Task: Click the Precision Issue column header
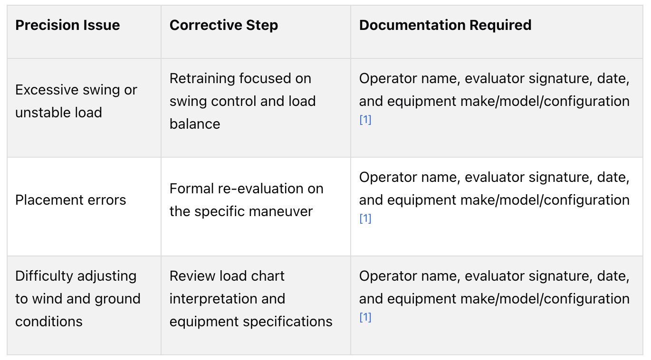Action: (x=67, y=25)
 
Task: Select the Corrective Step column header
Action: (x=224, y=25)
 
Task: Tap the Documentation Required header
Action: (x=445, y=25)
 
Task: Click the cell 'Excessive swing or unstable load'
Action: (x=76, y=101)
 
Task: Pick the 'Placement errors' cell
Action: (x=71, y=200)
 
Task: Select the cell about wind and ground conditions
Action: (x=78, y=299)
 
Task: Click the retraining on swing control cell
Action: (x=243, y=101)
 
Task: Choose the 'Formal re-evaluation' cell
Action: (x=247, y=200)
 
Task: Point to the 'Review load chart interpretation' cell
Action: (x=251, y=299)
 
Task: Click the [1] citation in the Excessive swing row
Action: (x=365, y=119)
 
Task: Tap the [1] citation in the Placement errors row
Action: (x=365, y=218)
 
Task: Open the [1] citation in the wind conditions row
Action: (x=365, y=317)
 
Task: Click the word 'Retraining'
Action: (x=202, y=79)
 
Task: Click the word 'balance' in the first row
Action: (x=195, y=124)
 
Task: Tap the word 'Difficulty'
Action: (x=44, y=276)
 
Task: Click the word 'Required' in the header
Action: (x=500, y=26)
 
